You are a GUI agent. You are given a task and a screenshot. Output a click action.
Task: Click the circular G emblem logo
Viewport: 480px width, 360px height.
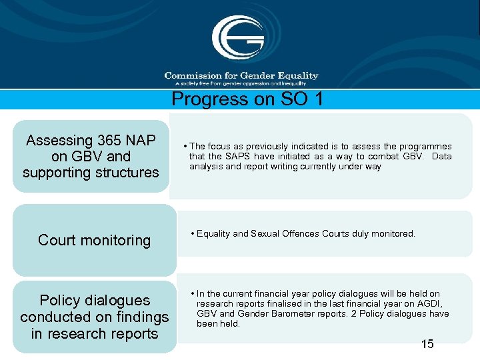238,37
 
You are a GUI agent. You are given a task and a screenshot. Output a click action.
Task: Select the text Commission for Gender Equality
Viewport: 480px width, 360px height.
241,75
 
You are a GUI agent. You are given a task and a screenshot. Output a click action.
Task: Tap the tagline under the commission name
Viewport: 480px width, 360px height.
240,84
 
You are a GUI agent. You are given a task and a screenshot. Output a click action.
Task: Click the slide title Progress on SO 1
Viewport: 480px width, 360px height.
247,99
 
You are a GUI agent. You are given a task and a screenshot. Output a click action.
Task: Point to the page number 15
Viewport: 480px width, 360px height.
427,344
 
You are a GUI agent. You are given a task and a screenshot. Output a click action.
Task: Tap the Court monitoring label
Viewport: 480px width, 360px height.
94,241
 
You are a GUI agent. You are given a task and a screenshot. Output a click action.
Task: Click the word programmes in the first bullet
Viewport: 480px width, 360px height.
426,147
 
